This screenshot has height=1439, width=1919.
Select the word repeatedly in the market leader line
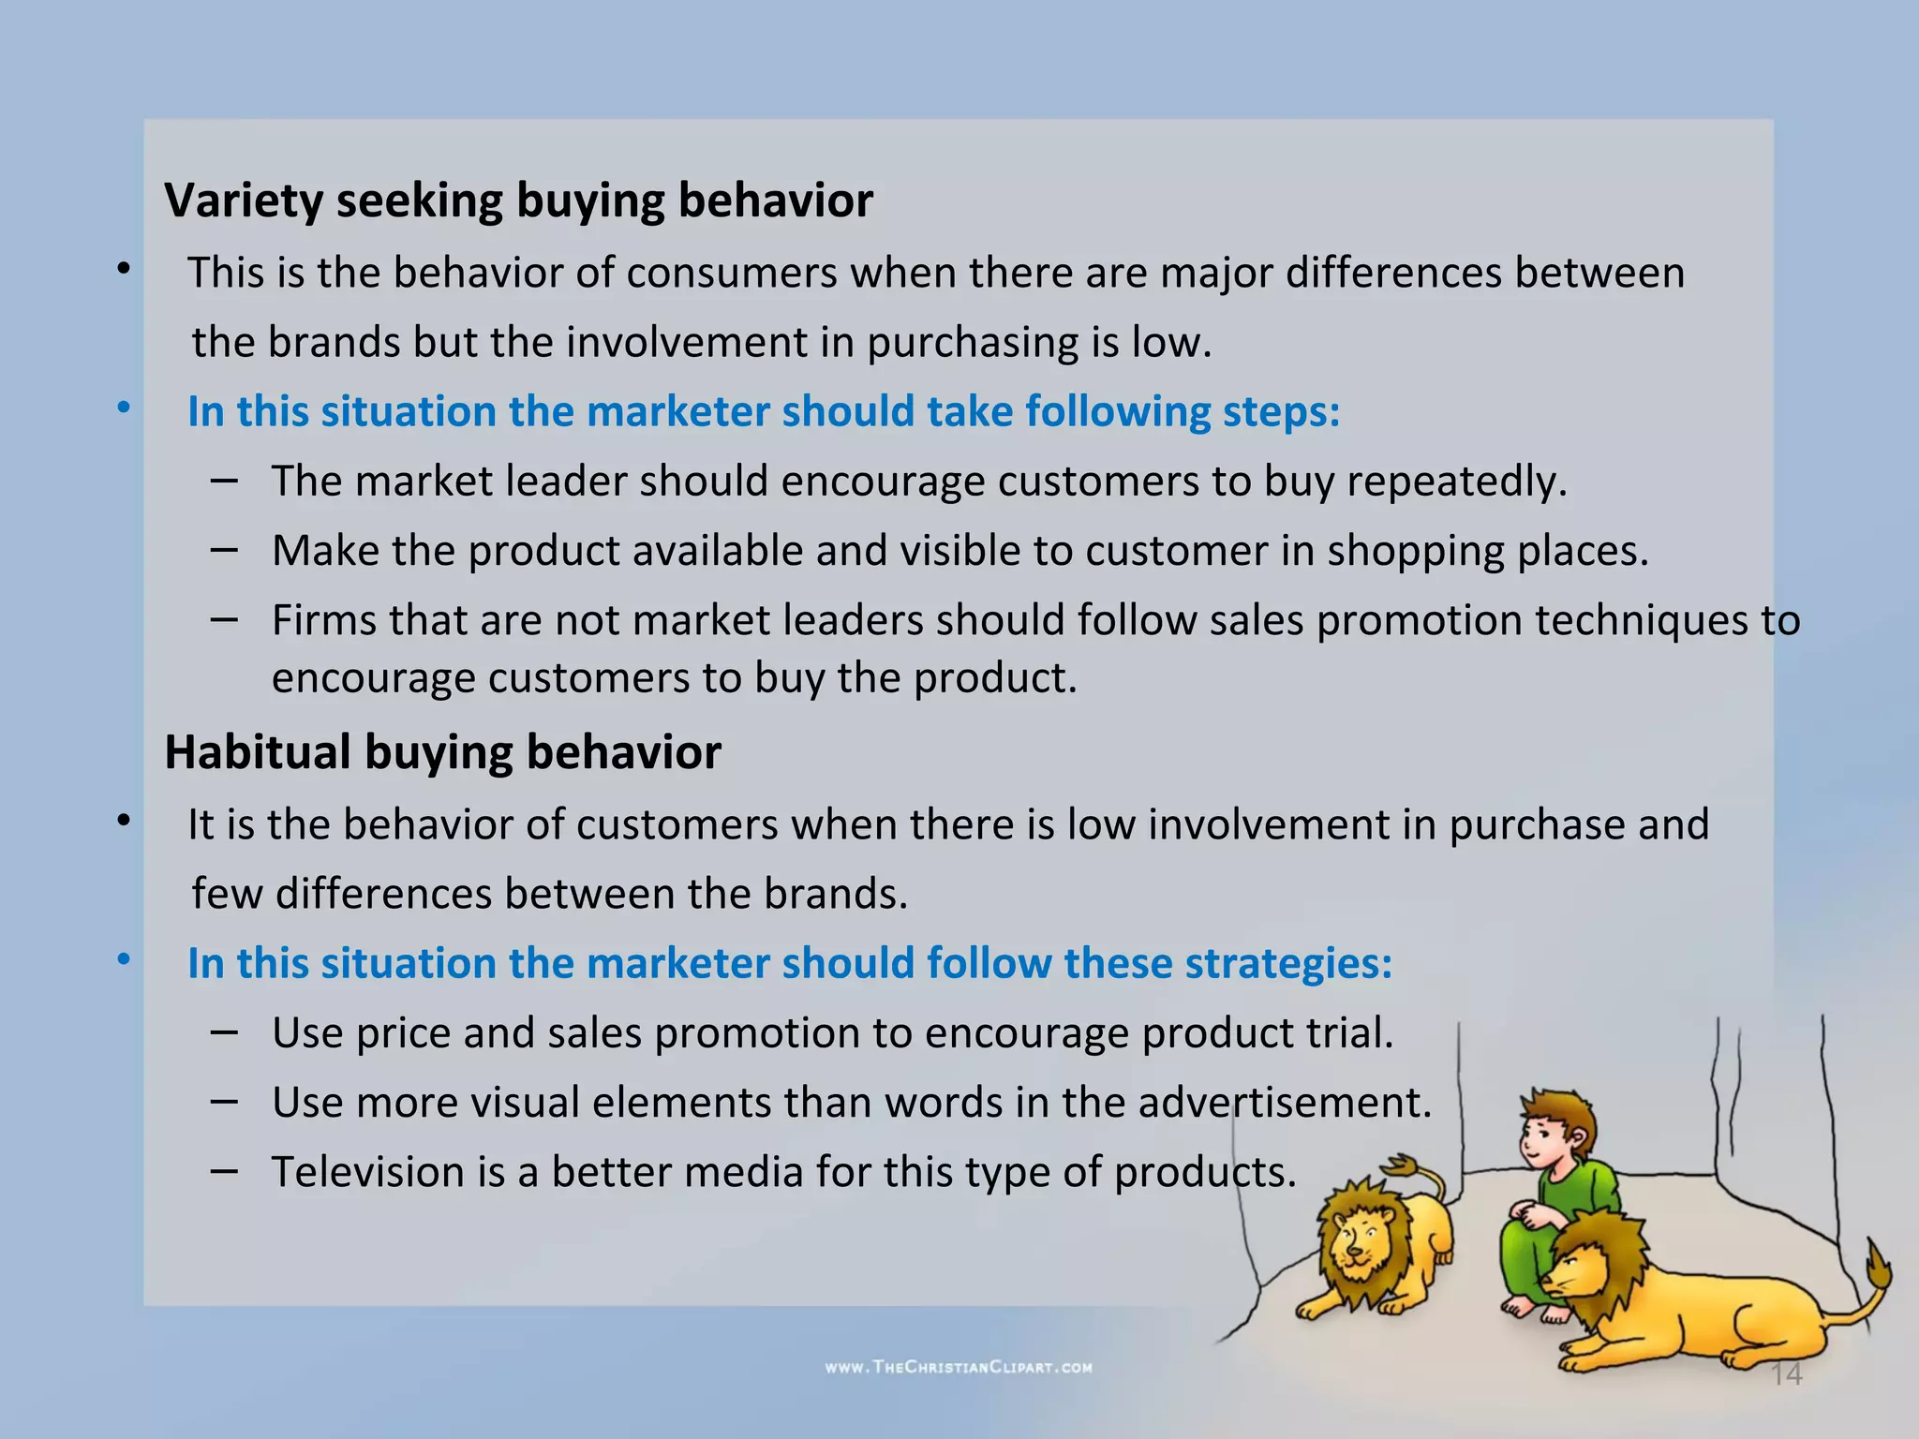[x=1456, y=482]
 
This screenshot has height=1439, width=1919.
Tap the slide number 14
[x=1786, y=1374]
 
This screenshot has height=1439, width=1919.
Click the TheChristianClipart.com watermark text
[x=959, y=1367]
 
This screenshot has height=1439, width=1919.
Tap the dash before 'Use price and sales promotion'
[x=224, y=1031]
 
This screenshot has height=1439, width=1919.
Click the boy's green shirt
[x=1584, y=1190]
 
